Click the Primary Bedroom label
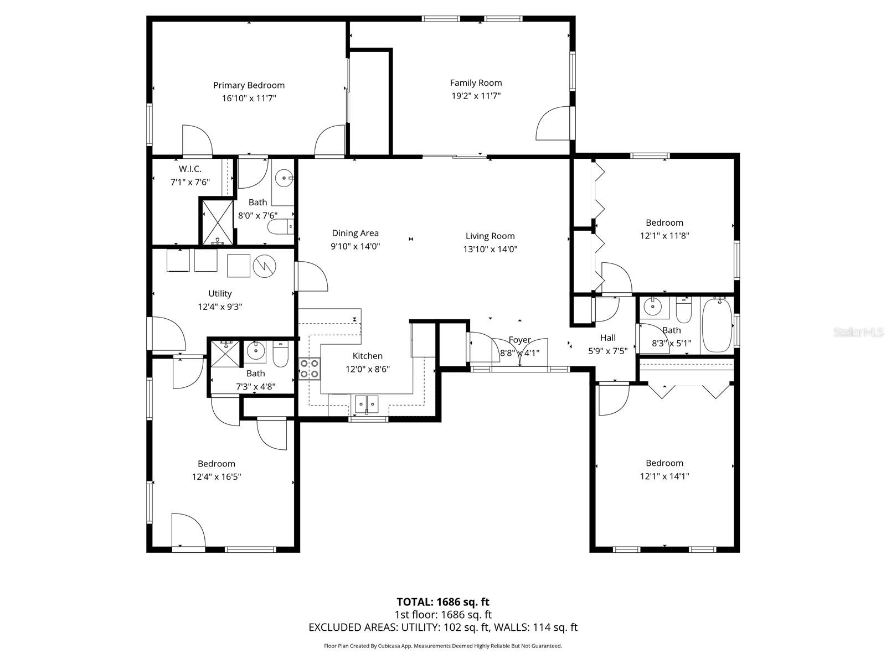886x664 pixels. click(x=249, y=85)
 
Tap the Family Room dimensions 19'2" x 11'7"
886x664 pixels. click(x=476, y=96)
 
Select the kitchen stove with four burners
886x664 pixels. click(x=309, y=369)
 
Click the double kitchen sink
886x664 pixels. click(x=366, y=404)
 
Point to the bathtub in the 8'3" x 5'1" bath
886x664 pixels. click(x=717, y=325)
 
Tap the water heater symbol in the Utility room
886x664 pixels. click(x=265, y=266)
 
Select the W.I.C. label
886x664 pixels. click(x=189, y=169)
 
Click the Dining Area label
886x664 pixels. click(x=355, y=234)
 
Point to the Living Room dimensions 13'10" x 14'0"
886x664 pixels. click(x=490, y=249)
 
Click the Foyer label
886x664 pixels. click(x=519, y=340)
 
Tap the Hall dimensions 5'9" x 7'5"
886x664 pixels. click(x=607, y=351)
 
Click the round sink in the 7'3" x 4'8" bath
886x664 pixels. click(x=256, y=350)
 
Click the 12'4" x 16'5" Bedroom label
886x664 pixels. click(x=217, y=464)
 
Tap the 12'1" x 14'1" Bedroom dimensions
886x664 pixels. click(x=664, y=476)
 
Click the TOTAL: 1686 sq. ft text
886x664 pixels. click(x=442, y=601)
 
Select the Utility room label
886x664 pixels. click(x=220, y=293)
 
